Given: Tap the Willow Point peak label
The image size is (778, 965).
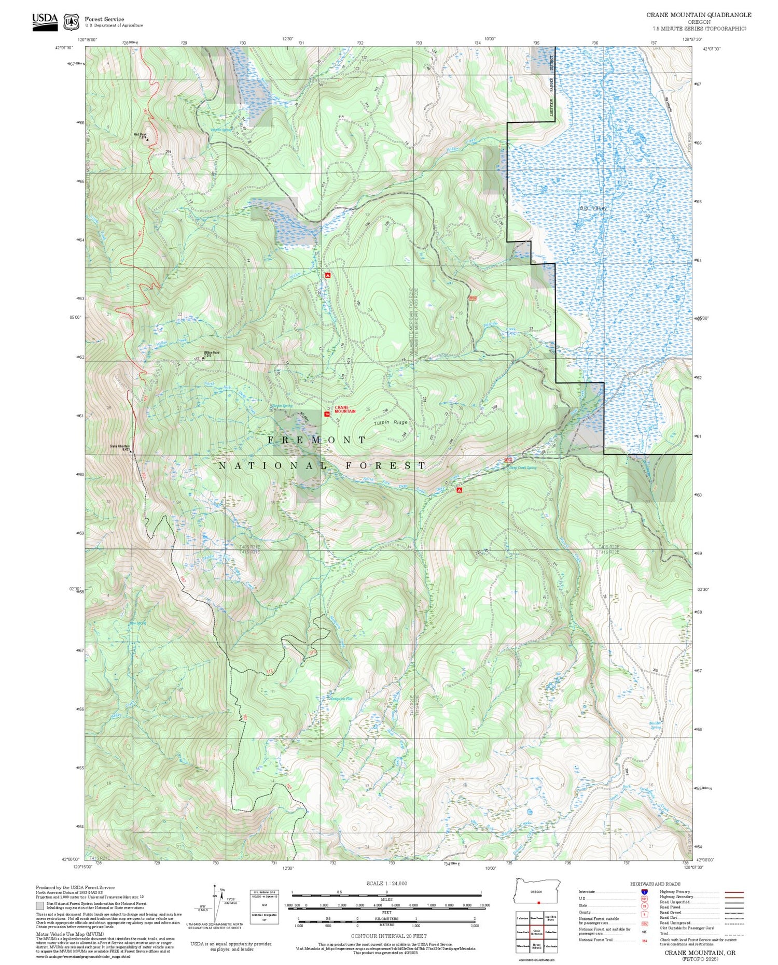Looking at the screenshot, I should point(211,353).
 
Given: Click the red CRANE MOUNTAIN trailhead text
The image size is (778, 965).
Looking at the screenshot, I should point(345,409).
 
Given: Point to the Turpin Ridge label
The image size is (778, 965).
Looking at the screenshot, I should point(391,422).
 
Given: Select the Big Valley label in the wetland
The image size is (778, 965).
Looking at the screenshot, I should point(592,208).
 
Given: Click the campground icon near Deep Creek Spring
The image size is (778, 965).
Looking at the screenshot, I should point(459,490).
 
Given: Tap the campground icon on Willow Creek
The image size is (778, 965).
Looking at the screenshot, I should point(327,275).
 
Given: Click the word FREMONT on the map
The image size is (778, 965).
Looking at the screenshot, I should point(317,440).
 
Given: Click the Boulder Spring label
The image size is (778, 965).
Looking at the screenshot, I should point(656,725).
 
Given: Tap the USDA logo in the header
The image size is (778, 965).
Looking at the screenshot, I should point(45,21).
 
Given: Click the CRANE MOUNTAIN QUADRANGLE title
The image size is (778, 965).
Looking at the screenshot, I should point(698,15).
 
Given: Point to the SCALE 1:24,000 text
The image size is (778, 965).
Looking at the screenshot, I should point(386,883).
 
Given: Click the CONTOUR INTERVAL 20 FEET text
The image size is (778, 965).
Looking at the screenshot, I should point(389,936).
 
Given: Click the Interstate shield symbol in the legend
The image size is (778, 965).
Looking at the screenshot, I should point(644,891).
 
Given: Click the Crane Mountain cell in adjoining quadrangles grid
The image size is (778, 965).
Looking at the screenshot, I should point(537,931).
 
